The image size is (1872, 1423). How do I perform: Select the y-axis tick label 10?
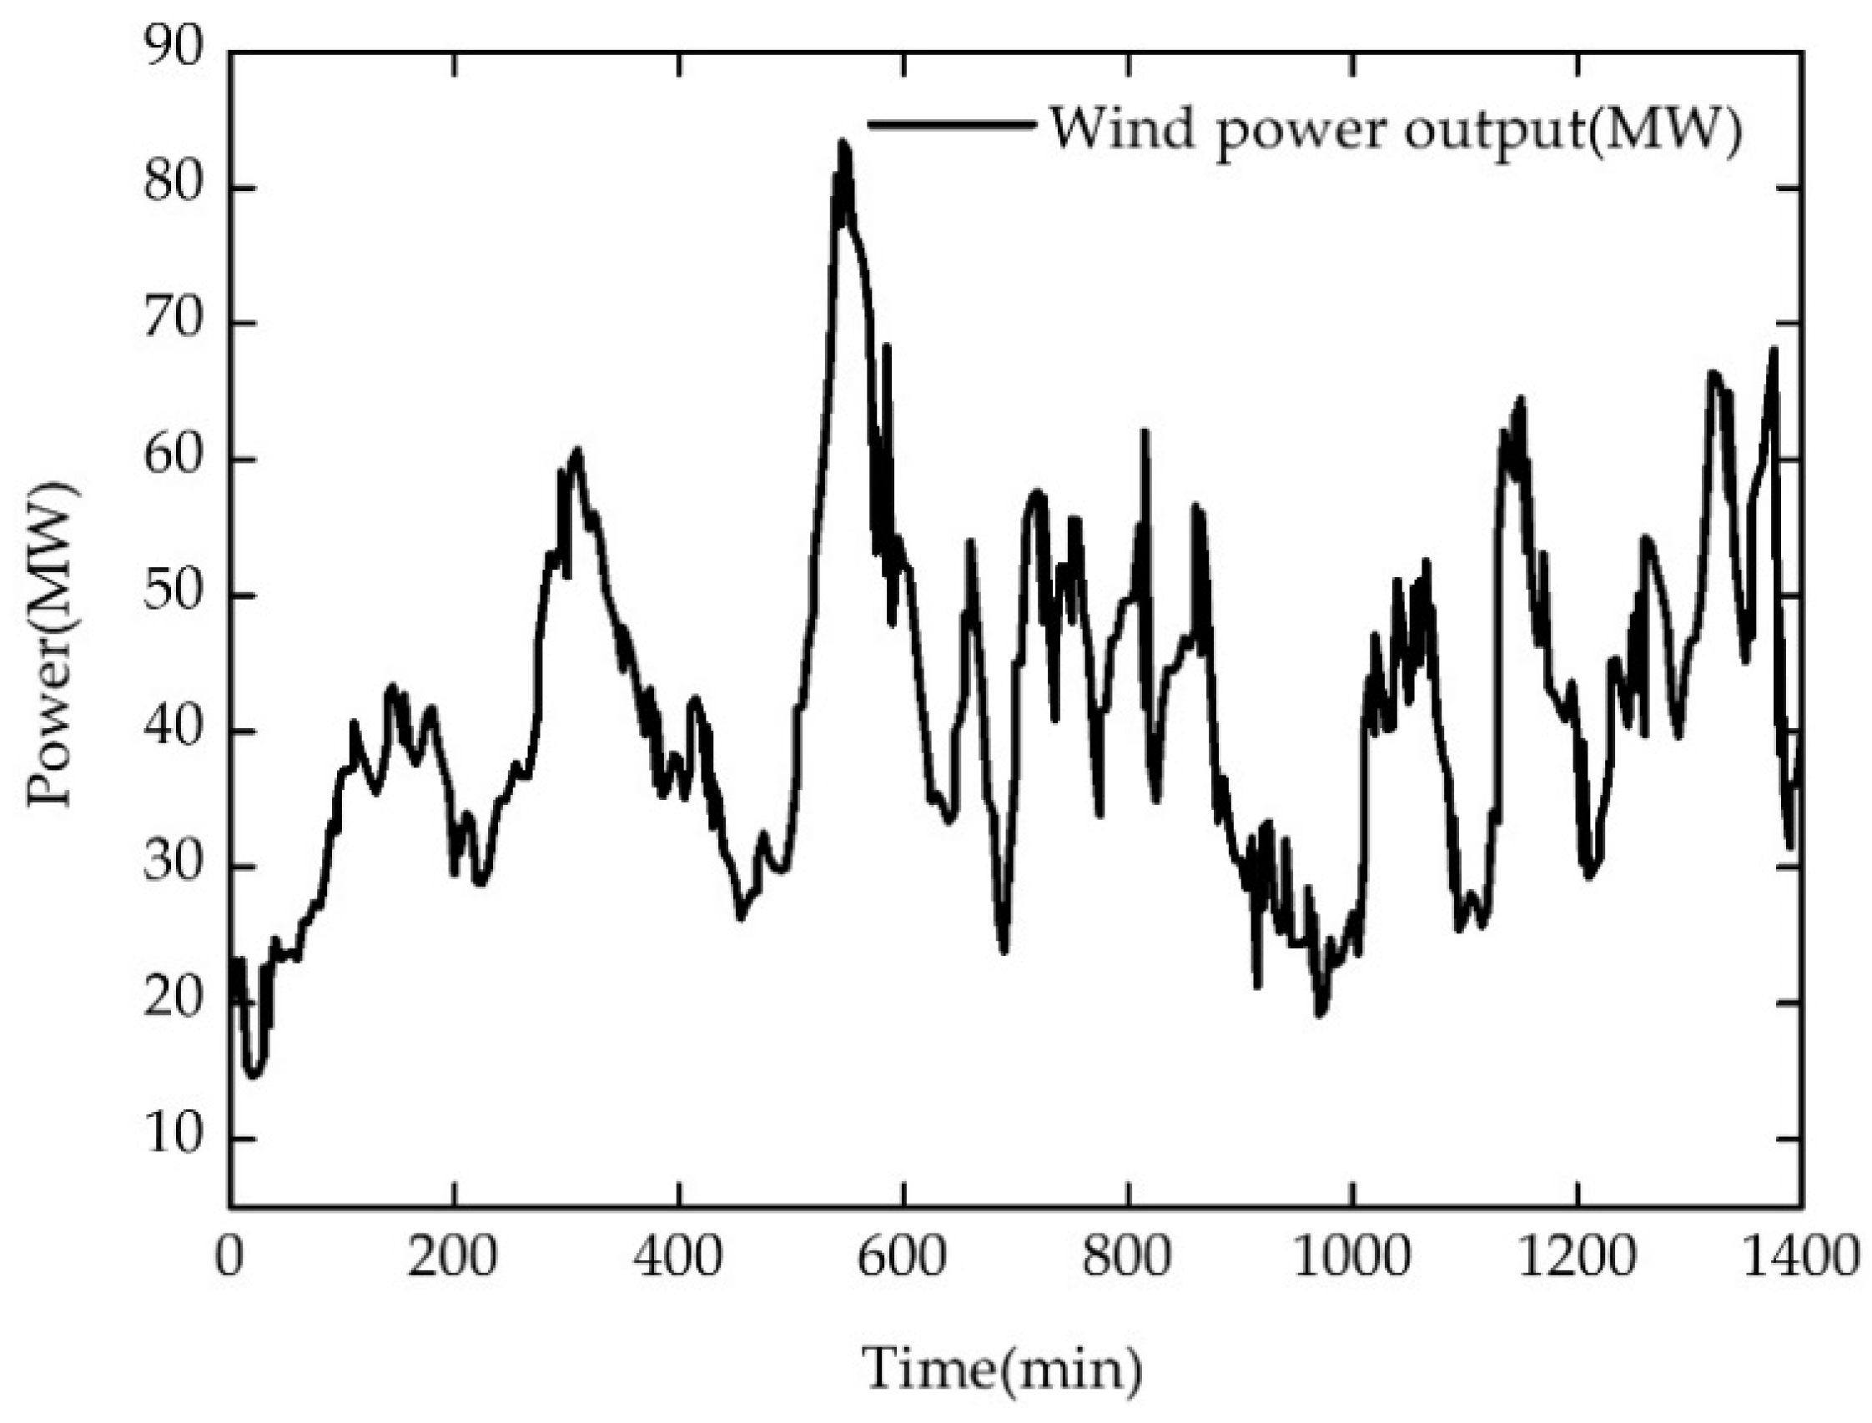174,1137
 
